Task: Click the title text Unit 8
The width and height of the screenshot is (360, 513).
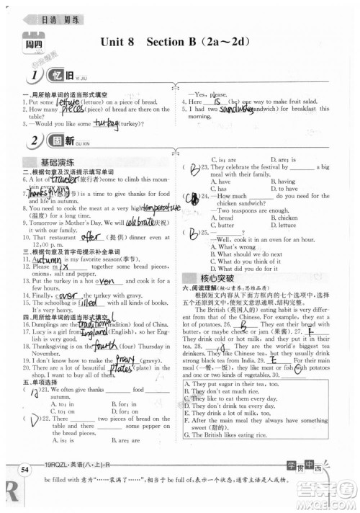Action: pos(118,43)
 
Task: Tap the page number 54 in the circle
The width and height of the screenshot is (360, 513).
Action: pos(24,470)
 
